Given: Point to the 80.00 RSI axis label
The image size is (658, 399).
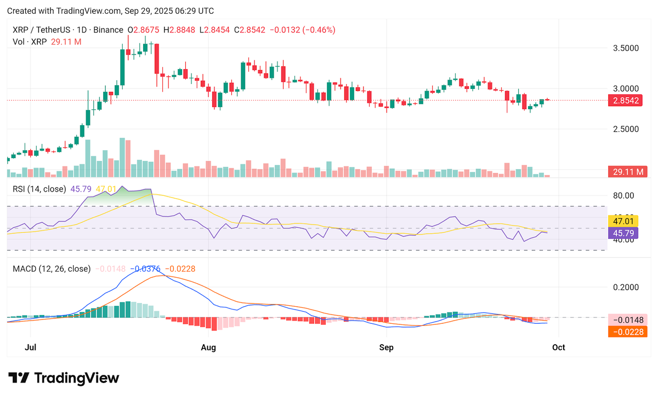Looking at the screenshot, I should click(x=623, y=195).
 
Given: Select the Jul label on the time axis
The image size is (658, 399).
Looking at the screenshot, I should click(x=31, y=347).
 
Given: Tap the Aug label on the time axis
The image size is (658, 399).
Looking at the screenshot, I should click(x=208, y=347).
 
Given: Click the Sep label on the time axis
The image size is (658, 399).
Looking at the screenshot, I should click(x=387, y=347).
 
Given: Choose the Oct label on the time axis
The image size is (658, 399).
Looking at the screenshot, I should click(x=558, y=347).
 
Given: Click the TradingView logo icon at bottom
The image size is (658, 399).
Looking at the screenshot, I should click(x=19, y=378).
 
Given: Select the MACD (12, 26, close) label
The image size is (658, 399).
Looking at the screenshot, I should click(x=52, y=269).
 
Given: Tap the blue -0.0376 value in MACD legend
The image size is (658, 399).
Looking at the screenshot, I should click(x=148, y=269).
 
